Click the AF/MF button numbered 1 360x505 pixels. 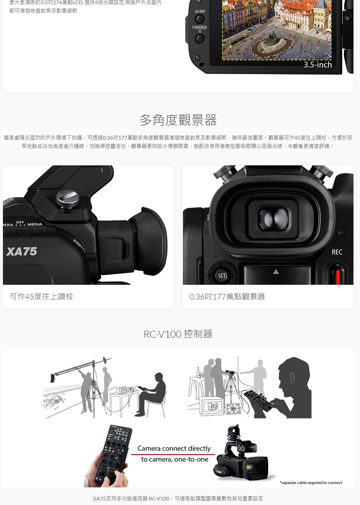[200, 19]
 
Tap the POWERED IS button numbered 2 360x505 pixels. [200, 39]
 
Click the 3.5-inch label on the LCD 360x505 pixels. [318, 65]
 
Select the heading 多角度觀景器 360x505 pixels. [178, 120]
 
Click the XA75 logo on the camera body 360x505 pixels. [22, 251]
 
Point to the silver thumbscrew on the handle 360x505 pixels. [67, 199]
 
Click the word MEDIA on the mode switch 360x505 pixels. [35, 224]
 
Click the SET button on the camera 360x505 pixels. [221, 276]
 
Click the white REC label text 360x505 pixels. [337, 252]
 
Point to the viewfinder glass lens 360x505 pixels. [274, 219]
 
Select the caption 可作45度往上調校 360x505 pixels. [41, 296]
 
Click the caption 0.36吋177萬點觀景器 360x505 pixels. [227, 296]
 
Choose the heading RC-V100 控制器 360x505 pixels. [178, 334]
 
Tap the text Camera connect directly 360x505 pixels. [174, 448]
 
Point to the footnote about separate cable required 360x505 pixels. [311, 483]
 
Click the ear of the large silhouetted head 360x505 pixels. [292, 377]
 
